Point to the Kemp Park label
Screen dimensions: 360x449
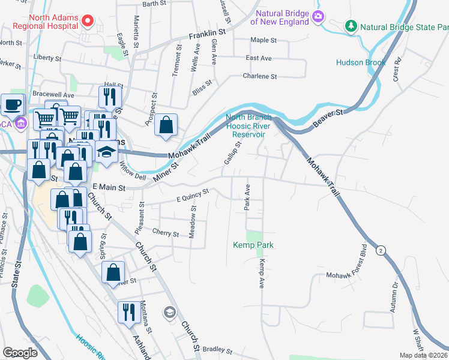[253, 245]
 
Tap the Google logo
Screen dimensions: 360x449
[20, 353]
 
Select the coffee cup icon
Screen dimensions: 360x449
[12, 104]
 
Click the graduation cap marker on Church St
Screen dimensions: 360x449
[170, 312]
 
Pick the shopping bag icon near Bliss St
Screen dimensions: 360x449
[166, 125]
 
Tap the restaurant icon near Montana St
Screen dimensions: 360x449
[128, 312]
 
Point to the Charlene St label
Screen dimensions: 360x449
[259, 76]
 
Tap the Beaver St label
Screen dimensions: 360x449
[330, 118]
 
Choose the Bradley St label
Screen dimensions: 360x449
[217, 349]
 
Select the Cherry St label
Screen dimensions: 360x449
[166, 233]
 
